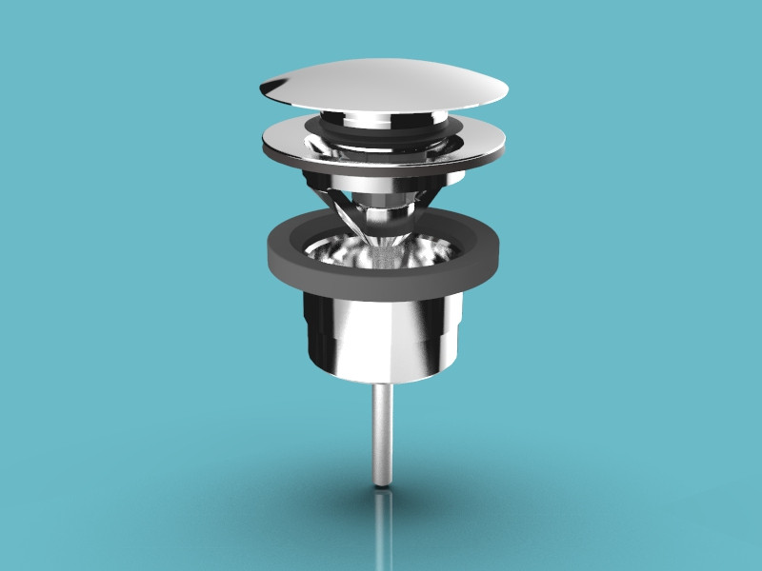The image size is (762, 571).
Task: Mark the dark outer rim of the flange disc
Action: point(381,172)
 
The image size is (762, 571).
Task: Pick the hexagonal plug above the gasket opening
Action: point(381,206)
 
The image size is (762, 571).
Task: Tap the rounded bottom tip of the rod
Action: point(381,482)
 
